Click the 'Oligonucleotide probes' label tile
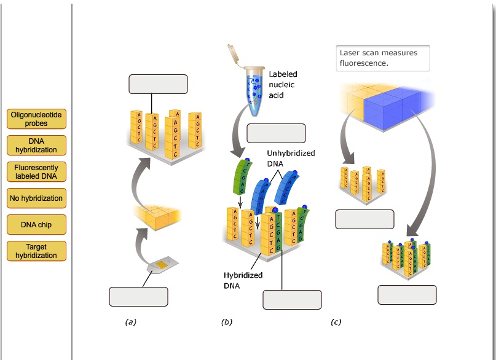pyautogui.click(x=36, y=119)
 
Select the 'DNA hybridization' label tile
pyautogui.click(x=36, y=146)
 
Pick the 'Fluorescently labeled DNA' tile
pyautogui.click(x=36, y=172)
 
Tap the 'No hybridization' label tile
pyautogui.click(x=36, y=198)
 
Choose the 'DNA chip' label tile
pyautogui.click(x=36, y=225)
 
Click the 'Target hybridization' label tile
pyautogui.click(x=36, y=251)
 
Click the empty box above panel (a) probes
pyautogui.click(x=158, y=84)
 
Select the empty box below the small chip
pyautogui.click(x=138, y=296)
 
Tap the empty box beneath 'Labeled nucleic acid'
pyautogui.click(x=276, y=133)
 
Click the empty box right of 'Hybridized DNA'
pyautogui.click(x=292, y=300)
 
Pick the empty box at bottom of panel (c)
pyautogui.click(x=407, y=295)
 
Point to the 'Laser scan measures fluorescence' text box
pyautogui.click(x=382, y=58)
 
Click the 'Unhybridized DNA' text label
pyautogui.click(x=291, y=158)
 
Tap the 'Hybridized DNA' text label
pyautogui.click(x=243, y=280)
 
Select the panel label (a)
pyautogui.click(x=130, y=321)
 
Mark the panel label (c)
pyautogui.click(x=336, y=321)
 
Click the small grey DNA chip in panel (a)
pyautogui.click(x=162, y=266)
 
